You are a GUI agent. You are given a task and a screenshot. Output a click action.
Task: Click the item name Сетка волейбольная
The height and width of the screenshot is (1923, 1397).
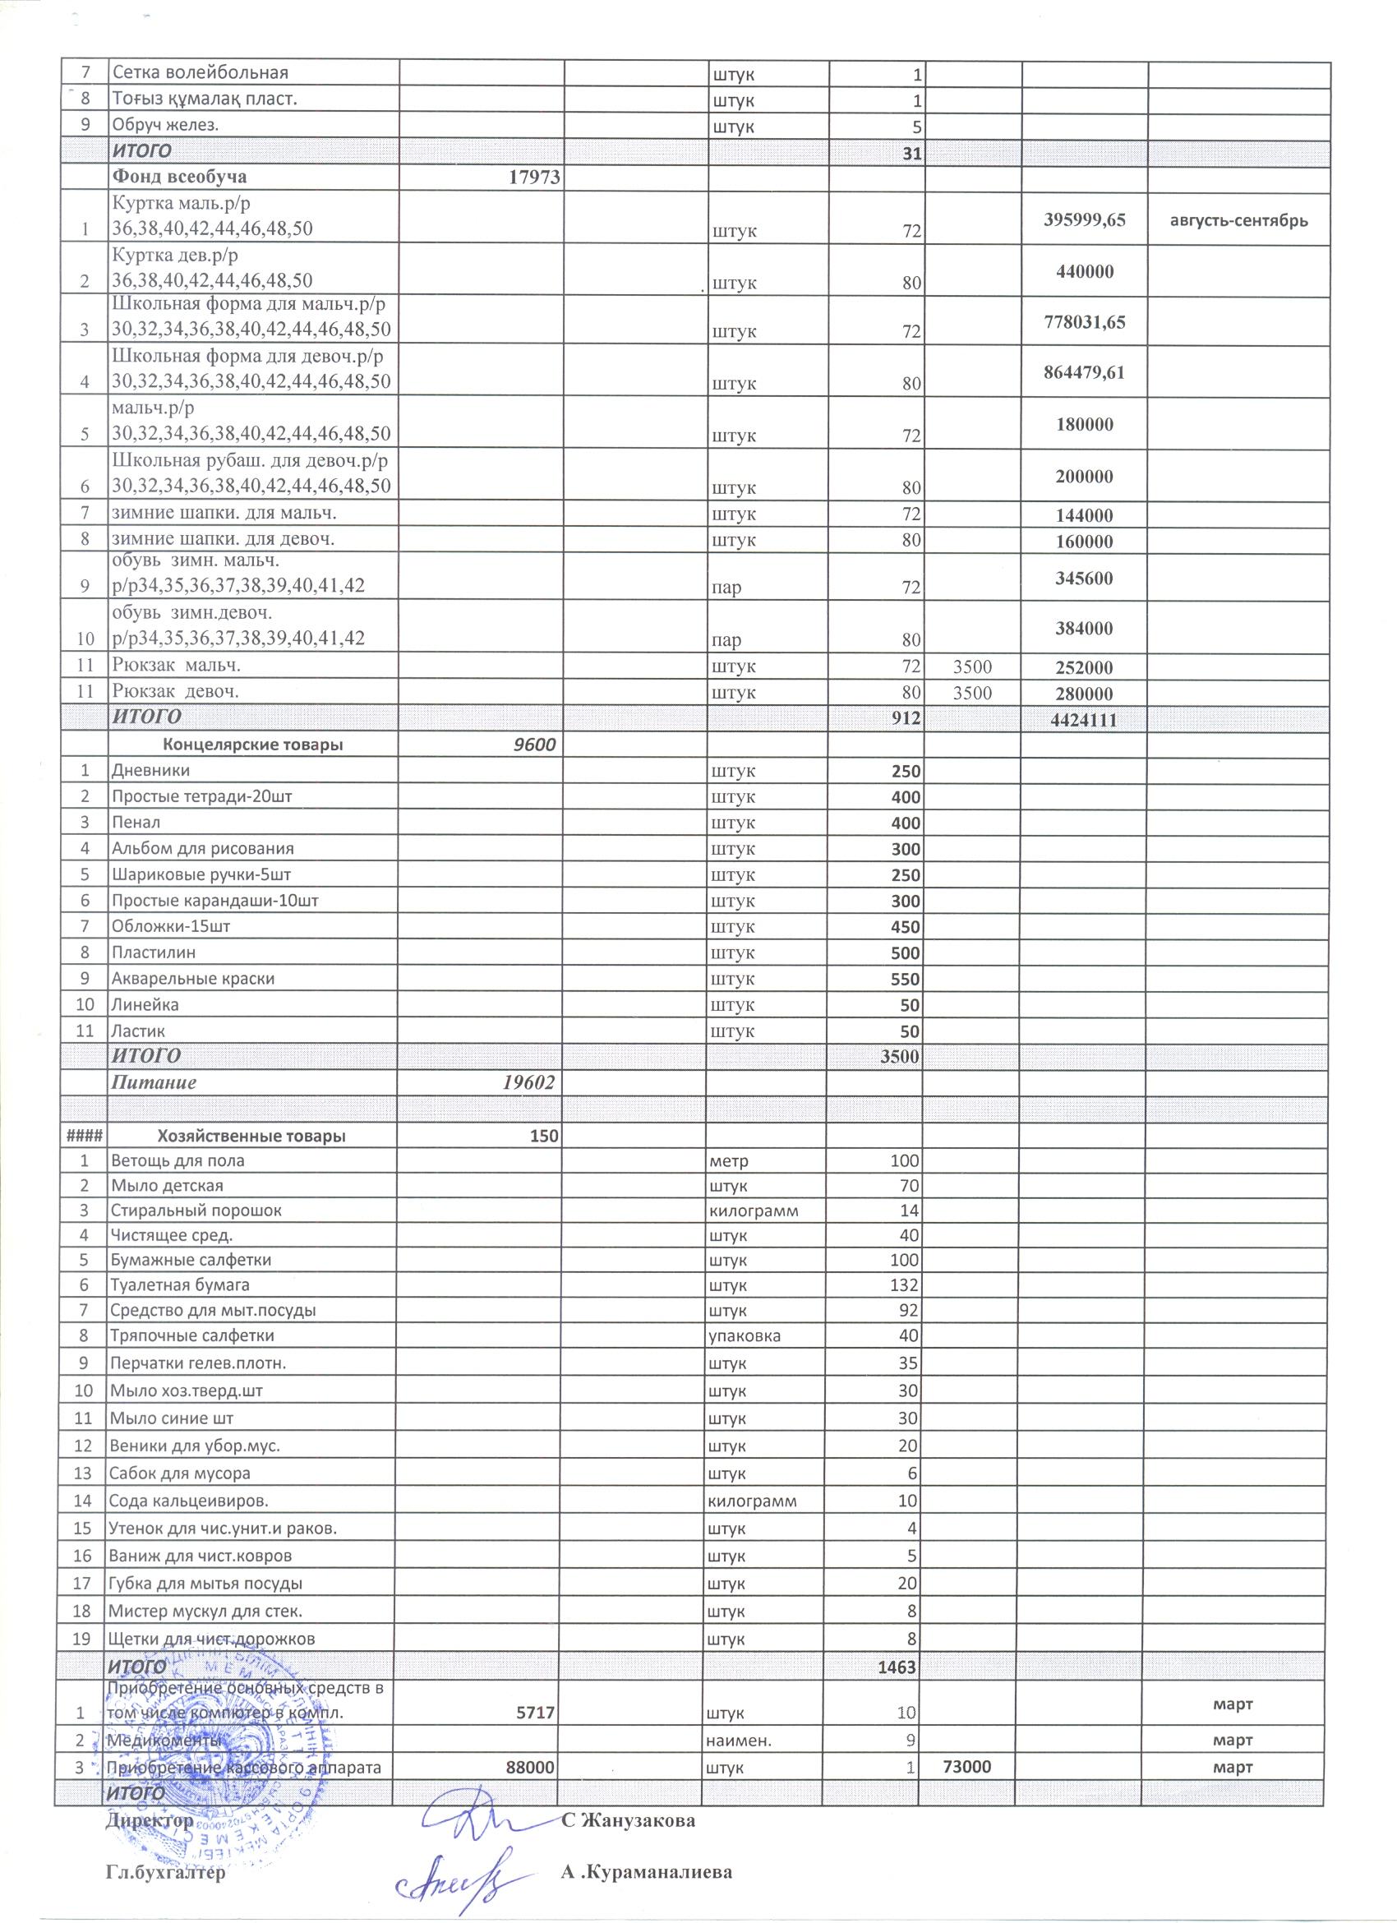tap(200, 73)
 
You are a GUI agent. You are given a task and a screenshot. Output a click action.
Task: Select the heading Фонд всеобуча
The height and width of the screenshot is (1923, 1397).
tap(180, 178)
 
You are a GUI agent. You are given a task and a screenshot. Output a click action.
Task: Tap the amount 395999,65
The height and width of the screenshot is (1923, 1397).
tap(1084, 219)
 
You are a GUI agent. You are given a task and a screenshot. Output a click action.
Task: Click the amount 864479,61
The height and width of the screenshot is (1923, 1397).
tap(1084, 371)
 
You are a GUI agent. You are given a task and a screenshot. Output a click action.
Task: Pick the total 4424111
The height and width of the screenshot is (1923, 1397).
tap(1084, 720)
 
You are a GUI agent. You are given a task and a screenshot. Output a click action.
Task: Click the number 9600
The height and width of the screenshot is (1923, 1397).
tap(537, 745)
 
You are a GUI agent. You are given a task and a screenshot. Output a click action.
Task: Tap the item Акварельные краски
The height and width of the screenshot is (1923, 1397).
tap(193, 978)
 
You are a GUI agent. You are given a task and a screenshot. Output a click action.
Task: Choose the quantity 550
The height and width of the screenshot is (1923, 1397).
tap(904, 980)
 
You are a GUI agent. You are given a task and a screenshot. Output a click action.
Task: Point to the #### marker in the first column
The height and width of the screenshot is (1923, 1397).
tap(81, 1137)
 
